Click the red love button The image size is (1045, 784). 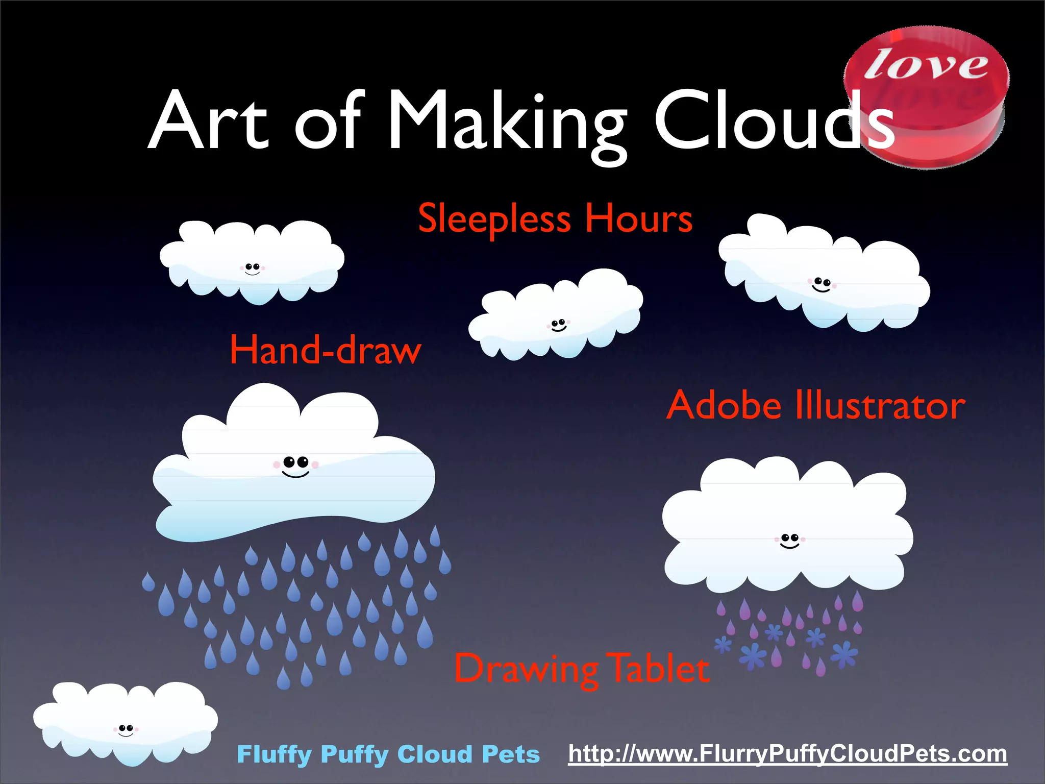(926, 97)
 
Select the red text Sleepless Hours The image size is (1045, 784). (555, 218)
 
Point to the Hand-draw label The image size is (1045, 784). (325, 351)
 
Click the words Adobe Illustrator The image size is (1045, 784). (815, 406)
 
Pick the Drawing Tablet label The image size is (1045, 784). (582, 669)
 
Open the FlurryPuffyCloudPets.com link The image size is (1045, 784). (787, 754)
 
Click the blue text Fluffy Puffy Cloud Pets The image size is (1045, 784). (388, 754)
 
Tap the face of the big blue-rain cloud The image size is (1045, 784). (296, 466)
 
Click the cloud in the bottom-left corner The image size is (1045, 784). (125, 722)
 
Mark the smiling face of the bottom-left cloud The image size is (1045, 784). (126, 730)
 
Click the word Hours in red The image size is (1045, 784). (638, 218)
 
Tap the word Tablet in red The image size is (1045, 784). (659, 669)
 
